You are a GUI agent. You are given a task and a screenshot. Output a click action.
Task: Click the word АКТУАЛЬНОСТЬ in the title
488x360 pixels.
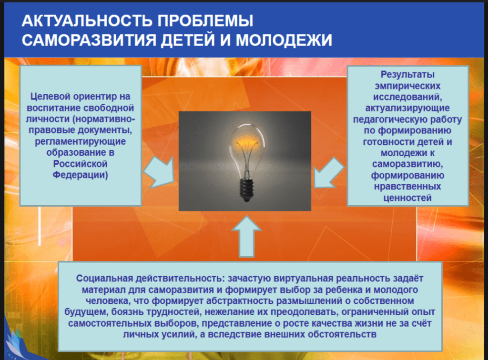87,21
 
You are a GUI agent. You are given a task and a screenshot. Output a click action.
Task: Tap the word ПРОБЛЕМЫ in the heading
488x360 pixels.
205,21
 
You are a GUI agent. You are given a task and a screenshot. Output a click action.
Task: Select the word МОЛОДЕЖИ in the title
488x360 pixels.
284,40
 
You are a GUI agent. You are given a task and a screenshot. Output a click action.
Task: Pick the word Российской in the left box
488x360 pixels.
80,164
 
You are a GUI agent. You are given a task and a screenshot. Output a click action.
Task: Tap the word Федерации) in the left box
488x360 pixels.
80,175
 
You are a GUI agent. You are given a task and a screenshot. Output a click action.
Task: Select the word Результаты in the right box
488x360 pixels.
407,75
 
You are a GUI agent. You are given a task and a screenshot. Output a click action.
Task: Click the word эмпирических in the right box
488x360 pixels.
407,86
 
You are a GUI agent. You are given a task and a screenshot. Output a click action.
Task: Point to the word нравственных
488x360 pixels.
407,187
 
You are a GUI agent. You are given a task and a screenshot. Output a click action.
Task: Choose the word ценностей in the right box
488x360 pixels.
407,198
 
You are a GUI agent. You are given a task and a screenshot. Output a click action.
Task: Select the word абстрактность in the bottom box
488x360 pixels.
240,301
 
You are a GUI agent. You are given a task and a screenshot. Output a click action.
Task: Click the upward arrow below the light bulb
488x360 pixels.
246,236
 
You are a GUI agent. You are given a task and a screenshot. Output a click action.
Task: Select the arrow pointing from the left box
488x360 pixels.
159,172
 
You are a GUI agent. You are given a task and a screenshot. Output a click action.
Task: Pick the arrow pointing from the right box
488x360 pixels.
329,172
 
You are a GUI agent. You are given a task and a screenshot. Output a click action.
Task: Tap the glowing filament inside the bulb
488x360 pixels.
247,144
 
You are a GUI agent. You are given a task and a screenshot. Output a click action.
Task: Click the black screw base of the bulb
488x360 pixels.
247,190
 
